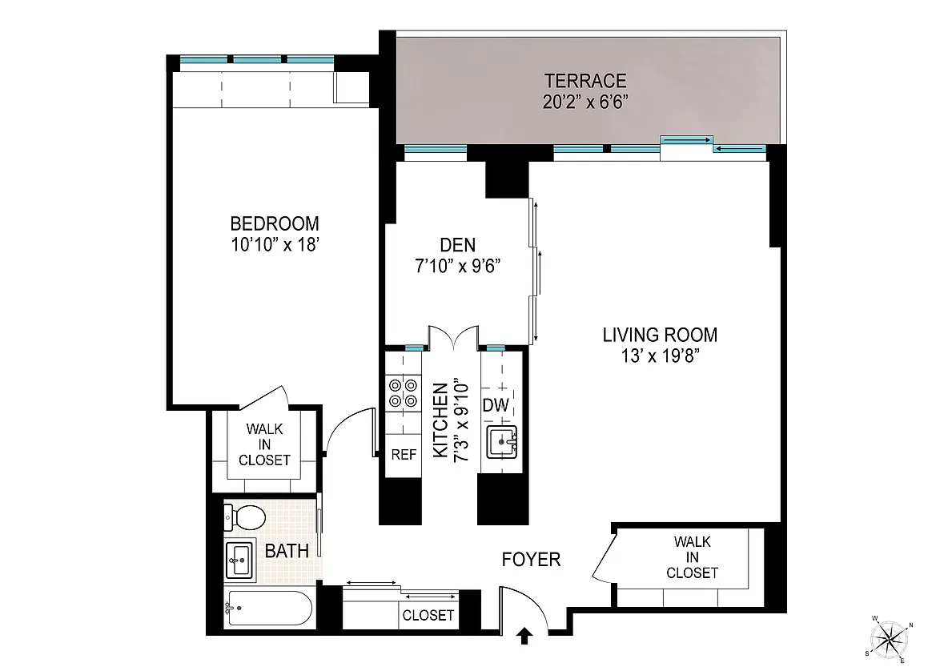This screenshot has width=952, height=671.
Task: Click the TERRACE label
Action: coord(584,81)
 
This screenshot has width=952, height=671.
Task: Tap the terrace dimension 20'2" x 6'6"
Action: coord(584,102)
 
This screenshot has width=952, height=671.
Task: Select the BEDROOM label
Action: coord(275,223)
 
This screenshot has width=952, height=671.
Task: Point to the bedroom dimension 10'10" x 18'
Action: coord(275,245)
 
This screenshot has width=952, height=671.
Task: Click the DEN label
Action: coord(458,245)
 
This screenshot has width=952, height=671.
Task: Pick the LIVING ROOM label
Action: coord(660,335)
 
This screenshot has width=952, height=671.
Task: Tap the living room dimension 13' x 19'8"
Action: coord(660,356)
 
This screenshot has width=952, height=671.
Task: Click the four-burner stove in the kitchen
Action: coord(404,393)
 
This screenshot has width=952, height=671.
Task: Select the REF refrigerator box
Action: coord(404,455)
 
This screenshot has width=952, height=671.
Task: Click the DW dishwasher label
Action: coord(496,406)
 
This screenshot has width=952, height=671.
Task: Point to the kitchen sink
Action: coord(501,442)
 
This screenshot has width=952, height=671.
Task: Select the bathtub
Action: coord(268,609)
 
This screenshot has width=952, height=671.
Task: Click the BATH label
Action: coord(287,551)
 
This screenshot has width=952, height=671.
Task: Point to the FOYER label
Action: coord(531,559)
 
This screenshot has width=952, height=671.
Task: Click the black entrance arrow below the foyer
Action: coord(525,636)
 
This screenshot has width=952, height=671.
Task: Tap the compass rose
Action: coord(890,640)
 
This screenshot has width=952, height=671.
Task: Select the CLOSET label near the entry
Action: coord(428,615)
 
